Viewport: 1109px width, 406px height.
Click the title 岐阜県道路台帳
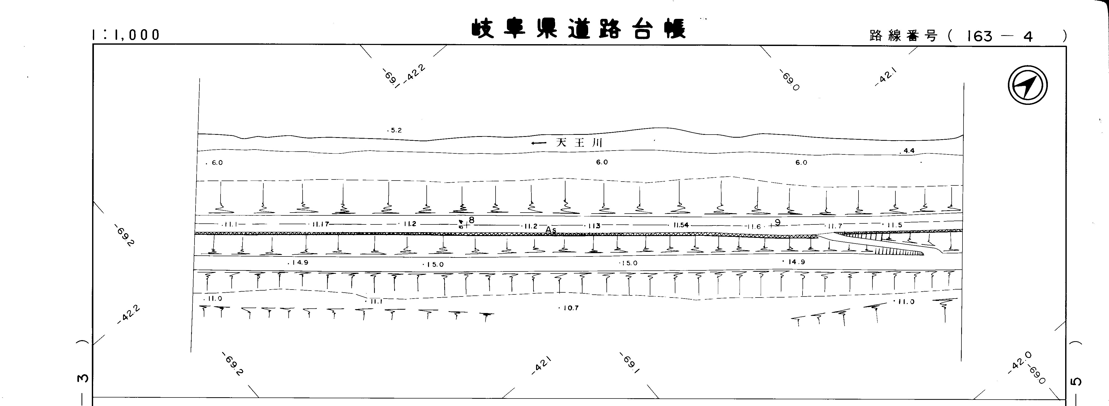click(578, 29)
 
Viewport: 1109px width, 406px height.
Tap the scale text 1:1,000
click(126, 35)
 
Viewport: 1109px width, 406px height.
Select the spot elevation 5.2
click(395, 130)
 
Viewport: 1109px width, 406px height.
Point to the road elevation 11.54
click(681, 225)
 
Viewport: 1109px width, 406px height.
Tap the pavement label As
click(551, 230)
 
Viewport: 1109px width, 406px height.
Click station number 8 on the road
click(471, 220)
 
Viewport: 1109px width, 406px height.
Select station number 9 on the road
click(778, 222)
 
